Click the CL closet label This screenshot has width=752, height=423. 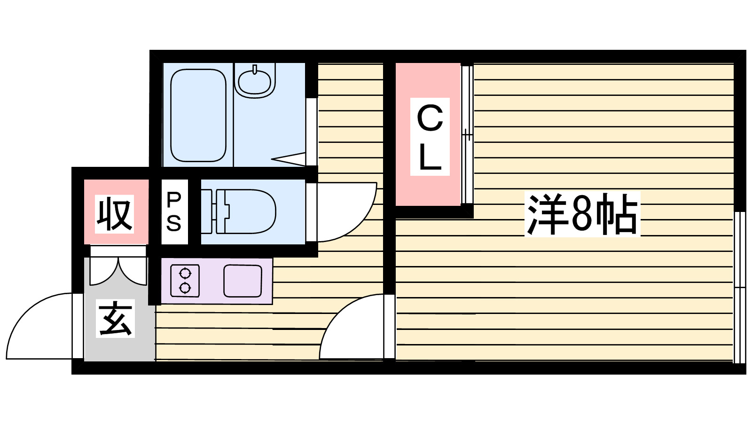pyautogui.click(x=430, y=137)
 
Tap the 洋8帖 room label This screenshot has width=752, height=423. pyautogui.click(x=582, y=214)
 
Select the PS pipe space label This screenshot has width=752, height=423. pyautogui.click(x=174, y=212)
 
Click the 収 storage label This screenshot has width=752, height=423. pyautogui.click(x=114, y=214)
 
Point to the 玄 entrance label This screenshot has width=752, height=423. pyautogui.click(x=115, y=318)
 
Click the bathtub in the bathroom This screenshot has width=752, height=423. pyautogui.click(x=198, y=115)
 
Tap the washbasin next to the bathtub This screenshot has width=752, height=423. pyautogui.click(x=254, y=81)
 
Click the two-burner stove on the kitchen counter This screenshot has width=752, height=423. pyautogui.click(x=185, y=281)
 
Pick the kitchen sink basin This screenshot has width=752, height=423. pyautogui.click(x=243, y=281)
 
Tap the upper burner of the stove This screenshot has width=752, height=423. pyautogui.click(x=185, y=273)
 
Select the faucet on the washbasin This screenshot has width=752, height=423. pyautogui.click(x=254, y=70)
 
